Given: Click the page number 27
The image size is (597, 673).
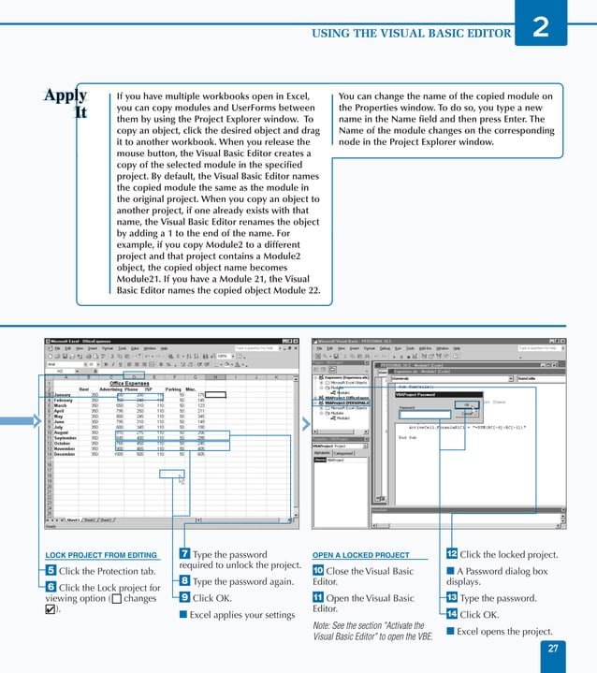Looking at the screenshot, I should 553,649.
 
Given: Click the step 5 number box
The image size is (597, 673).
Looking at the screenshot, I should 51,571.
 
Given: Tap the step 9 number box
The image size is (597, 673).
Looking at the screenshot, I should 184,597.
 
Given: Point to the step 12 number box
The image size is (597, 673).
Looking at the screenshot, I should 451,555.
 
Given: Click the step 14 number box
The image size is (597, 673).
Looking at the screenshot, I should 451,614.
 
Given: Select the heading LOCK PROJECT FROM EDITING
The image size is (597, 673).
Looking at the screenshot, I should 101,555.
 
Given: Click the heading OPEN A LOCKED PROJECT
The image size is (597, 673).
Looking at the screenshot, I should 360,555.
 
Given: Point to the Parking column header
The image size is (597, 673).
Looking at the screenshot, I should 172,389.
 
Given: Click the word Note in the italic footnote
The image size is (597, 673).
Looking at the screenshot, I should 322,625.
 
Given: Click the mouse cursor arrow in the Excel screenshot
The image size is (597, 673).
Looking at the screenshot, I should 181,479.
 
